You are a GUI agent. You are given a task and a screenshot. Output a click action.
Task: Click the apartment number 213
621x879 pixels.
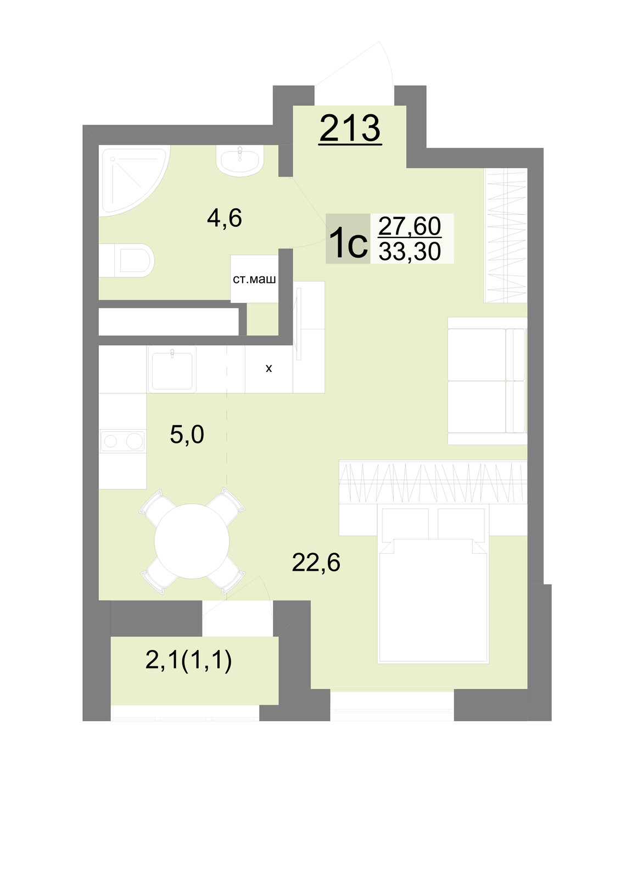350,129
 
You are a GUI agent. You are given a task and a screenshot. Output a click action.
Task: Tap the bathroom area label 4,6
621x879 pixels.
225,218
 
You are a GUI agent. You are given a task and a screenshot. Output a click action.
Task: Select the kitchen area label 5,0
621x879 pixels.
187,435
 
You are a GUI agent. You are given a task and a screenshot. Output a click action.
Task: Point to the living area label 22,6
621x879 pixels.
316,563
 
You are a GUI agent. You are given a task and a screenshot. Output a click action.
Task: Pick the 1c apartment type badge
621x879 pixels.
348,238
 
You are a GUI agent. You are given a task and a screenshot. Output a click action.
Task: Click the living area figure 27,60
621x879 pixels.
410,226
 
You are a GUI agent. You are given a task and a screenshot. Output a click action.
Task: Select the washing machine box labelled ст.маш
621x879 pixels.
254,279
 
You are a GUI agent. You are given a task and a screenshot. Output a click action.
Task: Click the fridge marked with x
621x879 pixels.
268,369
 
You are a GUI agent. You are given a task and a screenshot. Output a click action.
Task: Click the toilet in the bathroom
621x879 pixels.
126,260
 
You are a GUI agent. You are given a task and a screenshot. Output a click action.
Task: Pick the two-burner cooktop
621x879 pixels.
122,441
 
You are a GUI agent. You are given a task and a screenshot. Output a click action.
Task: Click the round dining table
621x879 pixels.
192,541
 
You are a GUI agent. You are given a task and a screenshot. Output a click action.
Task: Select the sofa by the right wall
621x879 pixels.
487,381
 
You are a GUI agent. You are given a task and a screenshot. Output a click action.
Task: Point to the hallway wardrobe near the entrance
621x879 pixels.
506,236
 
